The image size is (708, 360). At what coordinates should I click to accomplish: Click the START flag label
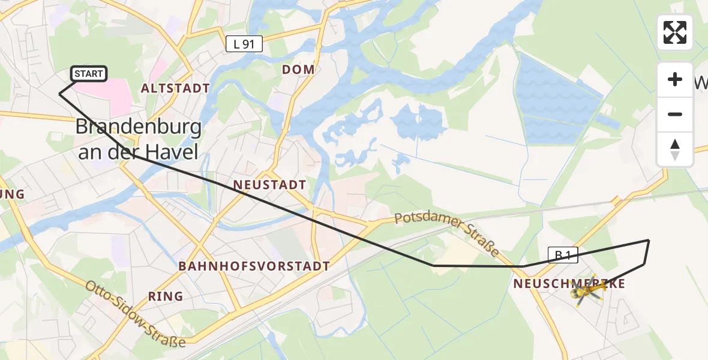[x=89, y=74]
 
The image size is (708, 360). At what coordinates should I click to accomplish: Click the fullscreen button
[x=675, y=32]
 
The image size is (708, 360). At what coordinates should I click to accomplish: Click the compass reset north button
[x=675, y=150]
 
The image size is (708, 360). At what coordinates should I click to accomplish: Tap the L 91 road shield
[x=244, y=43]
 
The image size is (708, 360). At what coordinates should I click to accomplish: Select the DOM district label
[x=298, y=70]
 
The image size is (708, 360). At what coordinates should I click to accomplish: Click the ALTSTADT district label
[x=175, y=89]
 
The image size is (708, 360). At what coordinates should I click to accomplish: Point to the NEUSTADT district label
[x=269, y=185]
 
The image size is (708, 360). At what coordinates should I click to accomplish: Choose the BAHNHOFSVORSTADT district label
[x=254, y=266]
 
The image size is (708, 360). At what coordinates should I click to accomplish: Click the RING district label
[x=165, y=296]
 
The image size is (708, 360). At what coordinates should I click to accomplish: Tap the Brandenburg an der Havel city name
[x=138, y=139]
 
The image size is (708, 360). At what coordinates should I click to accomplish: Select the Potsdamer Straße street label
[x=448, y=230]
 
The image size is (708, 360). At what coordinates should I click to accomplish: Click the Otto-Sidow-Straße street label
[x=136, y=314]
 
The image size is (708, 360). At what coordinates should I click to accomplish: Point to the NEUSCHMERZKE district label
[x=569, y=284]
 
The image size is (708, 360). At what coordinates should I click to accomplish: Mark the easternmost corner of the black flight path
[x=649, y=241]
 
